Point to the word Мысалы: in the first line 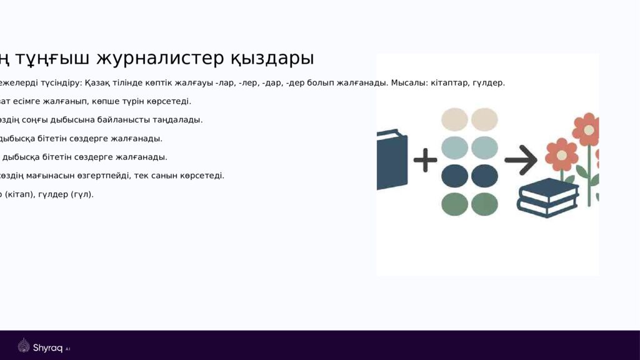[x=406, y=82]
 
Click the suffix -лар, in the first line [x=226, y=82]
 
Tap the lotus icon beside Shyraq [x=24, y=346]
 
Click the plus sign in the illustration [x=425, y=160]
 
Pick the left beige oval [x=454, y=119]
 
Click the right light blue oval [x=484, y=147]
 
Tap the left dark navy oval [x=454, y=176]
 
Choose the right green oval [x=484, y=204]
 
